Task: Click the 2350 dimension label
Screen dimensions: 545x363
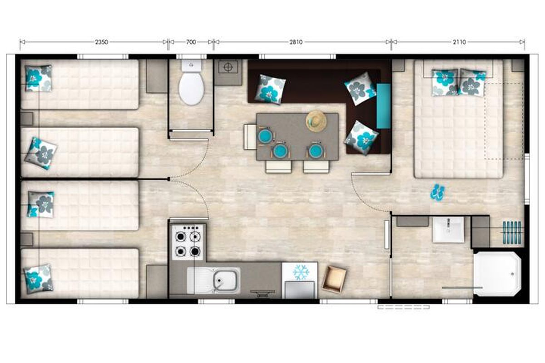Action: pyautogui.click(x=101, y=42)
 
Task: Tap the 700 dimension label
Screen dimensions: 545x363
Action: pyautogui.click(x=191, y=42)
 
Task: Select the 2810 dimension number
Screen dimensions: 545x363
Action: pyautogui.click(x=296, y=42)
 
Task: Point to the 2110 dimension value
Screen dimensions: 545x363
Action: pyautogui.click(x=459, y=42)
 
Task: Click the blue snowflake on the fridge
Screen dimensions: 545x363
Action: pyautogui.click(x=301, y=272)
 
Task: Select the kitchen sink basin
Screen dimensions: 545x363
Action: pyautogui.click(x=225, y=280)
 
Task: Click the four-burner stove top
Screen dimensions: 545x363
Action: pyautogui.click(x=188, y=242)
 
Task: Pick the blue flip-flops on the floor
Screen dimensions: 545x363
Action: pyautogui.click(x=437, y=192)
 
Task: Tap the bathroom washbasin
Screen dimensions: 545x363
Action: pyautogui.click(x=448, y=230)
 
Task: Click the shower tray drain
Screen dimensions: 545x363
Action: pyautogui.click(x=512, y=274)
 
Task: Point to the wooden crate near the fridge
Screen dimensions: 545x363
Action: pyautogui.click(x=334, y=279)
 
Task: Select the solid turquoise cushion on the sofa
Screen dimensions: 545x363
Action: pyautogui.click(x=384, y=106)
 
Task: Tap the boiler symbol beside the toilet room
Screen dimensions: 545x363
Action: pyautogui.click(x=228, y=67)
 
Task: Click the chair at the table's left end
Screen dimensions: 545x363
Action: pyautogui.click(x=250, y=137)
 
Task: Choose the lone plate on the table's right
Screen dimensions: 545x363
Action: pyautogui.click(x=315, y=151)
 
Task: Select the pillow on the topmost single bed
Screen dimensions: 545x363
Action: pyautogui.click(x=39, y=78)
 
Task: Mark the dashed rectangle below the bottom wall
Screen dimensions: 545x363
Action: pyautogui.click(x=404, y=307)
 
